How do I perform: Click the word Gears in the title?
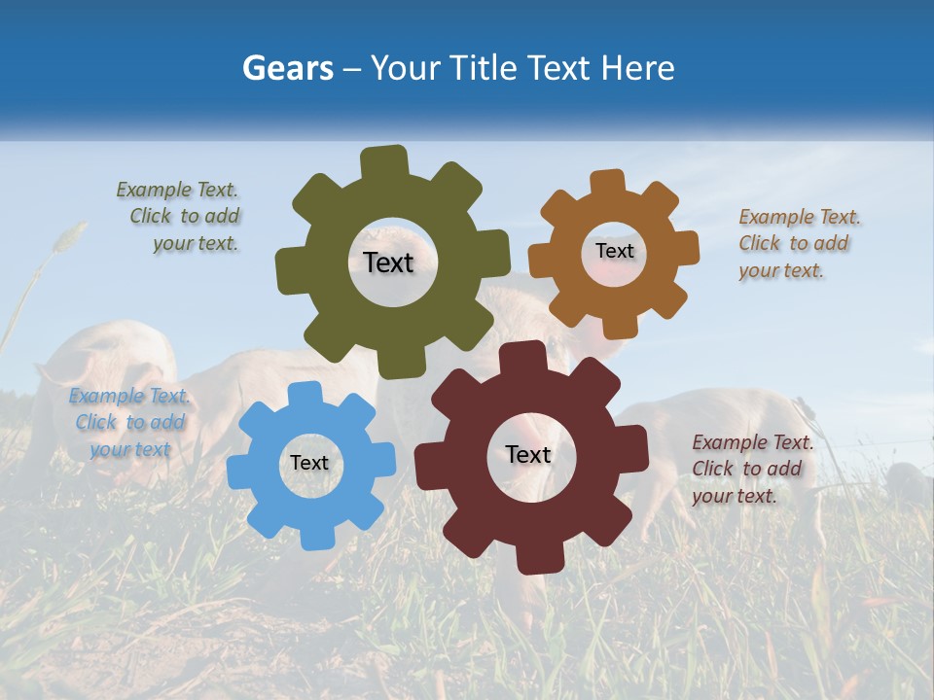tap(287, 68)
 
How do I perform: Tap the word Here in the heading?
tap(638, 68)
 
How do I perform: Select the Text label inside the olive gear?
tap(388, 262)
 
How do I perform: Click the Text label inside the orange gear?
tap(614, 251)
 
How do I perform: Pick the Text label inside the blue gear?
tap(309, 463)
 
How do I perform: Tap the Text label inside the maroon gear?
tap(528, 454)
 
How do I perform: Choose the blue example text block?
tap(129, 422)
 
